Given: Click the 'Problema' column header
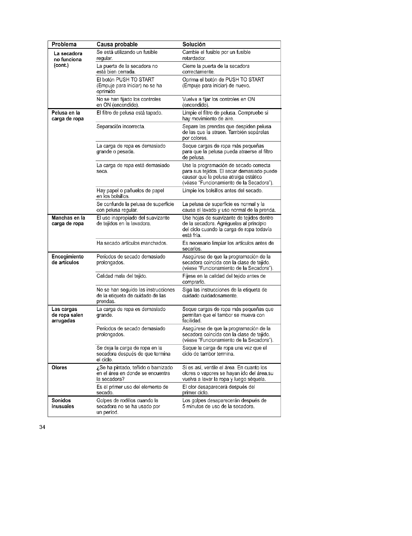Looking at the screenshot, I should tap(64, 45).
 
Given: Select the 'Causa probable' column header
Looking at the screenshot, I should tap(117, 45).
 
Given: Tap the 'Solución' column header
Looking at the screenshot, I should tap(194, 45).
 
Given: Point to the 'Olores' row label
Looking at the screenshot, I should tap(59, 368).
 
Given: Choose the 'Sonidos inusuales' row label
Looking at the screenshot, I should tap(63, 403).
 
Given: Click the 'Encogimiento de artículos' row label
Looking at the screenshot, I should tap(67, 259).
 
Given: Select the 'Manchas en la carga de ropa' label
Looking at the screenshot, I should tap(68, 221).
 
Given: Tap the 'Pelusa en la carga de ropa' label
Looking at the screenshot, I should tap(67, 116).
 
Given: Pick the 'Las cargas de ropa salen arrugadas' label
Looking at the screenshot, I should tap(67, 315).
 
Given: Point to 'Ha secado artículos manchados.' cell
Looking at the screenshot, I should tap(132, 243).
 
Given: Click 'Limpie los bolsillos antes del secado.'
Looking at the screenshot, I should tap(222, 190).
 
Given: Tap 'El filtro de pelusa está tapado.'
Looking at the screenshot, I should tap(129, 113).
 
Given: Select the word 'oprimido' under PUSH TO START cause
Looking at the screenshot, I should tap(106, 91).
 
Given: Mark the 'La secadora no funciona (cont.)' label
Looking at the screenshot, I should tap(68, 59).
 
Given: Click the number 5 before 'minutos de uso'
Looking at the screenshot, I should tap(184, 406).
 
